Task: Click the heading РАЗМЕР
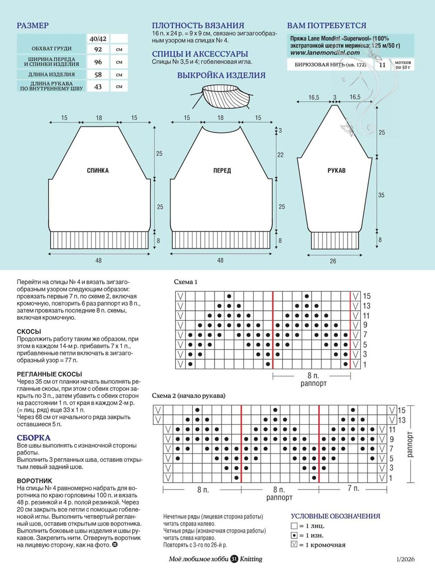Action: click(x=33, y=26)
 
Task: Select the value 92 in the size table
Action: click(x=98, y=49)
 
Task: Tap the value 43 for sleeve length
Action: click(x=98, y=87)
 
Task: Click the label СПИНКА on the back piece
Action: click(x=98, y=170)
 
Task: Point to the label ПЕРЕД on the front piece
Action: click(x=222, y=170)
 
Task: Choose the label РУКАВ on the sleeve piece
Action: click(x=336, y=170)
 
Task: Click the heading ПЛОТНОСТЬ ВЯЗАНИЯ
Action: click(x=198, y=26)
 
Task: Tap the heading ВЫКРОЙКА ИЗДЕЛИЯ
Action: click(x=221, y=75)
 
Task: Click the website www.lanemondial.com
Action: click(x=325, y=53)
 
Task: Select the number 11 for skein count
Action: click(x=382, y=65)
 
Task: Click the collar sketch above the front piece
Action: click(x=221, y=95)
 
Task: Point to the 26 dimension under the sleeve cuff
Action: click(x=333, y=261)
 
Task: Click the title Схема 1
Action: click(x=186, y=282)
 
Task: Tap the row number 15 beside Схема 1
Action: click(x=366, y=296)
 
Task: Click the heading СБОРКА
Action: click(x=33, y=438)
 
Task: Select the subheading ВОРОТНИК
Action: click(x=34, y=481)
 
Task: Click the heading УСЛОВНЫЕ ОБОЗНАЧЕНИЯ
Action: click(x=335, y=516)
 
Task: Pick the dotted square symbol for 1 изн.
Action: click(x=294, y=536)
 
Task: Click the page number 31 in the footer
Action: click(x=234, y=559)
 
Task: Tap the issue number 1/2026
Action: click(x=405, y=560)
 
